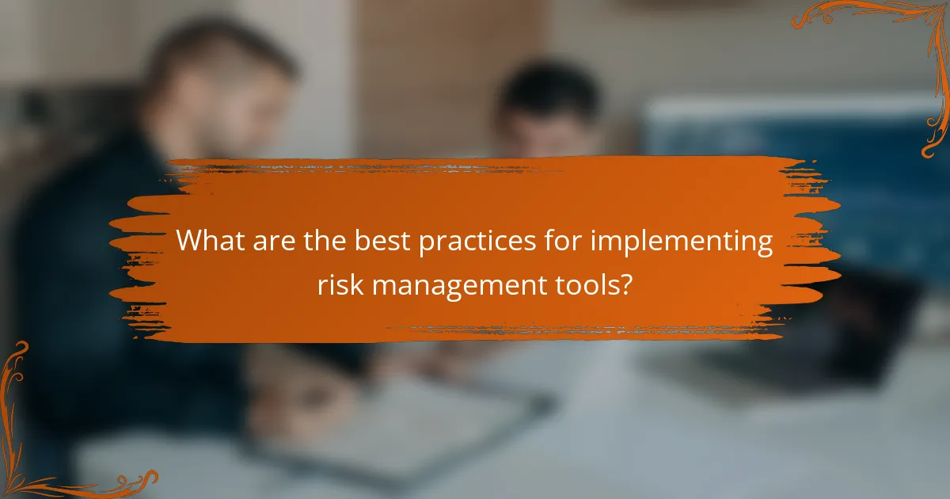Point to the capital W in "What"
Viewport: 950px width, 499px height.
(190, 241)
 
